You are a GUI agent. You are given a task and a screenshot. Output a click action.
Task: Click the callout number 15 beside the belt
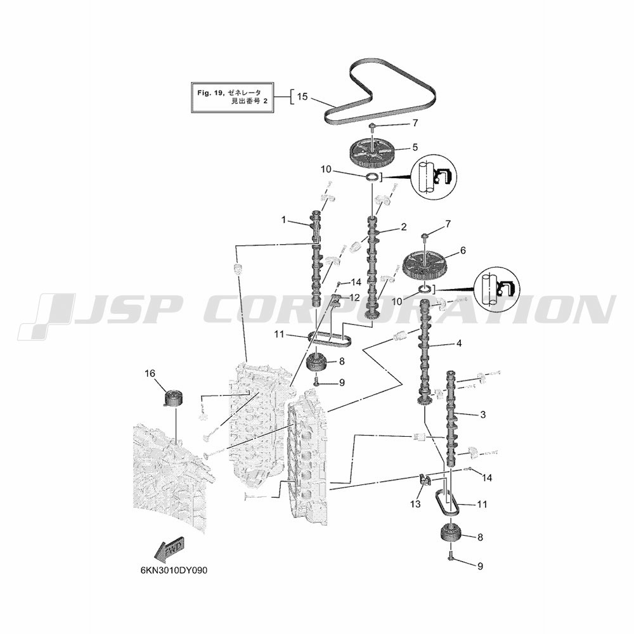pos(302,96)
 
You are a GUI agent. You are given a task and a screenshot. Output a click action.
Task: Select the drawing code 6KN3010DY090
pos(174,571)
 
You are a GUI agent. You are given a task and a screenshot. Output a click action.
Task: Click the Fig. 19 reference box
pos(233,97)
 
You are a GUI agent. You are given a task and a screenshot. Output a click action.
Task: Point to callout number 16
pos(150,373)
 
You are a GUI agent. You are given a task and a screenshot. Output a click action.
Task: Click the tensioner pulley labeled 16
pos(173,398)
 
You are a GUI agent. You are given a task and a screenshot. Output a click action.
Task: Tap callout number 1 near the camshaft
pos(284,220)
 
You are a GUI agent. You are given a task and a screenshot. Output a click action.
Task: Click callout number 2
pos(403,227)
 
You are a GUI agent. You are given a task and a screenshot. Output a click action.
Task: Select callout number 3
pos(482,415)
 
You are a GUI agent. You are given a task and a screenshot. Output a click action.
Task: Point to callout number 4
pos(459,343)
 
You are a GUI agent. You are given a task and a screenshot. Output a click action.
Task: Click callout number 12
pos(354,297)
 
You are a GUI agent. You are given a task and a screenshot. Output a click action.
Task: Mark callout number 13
pos(415,504)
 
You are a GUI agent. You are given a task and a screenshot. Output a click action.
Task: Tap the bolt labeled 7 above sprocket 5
pos(371,128)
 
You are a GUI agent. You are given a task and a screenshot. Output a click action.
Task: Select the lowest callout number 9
pos(481,566)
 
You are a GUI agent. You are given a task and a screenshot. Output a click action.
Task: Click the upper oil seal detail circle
pos(433,177)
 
